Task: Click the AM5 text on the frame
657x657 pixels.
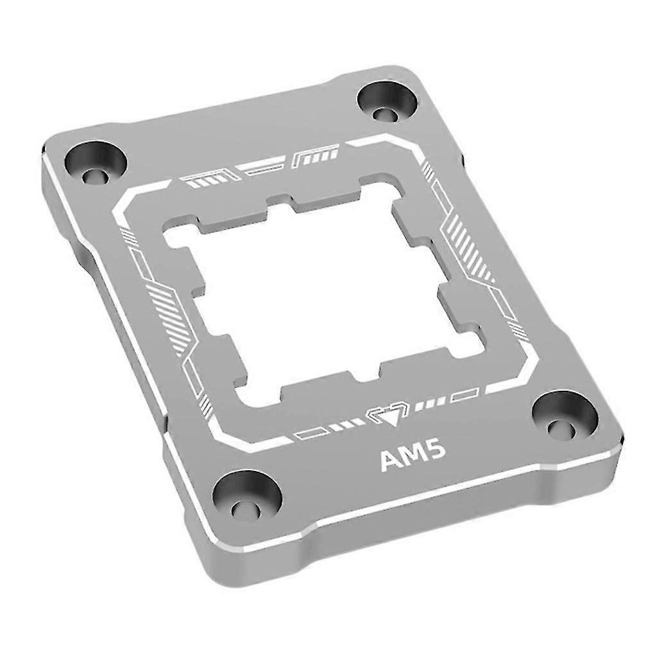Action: click(409, 459)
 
